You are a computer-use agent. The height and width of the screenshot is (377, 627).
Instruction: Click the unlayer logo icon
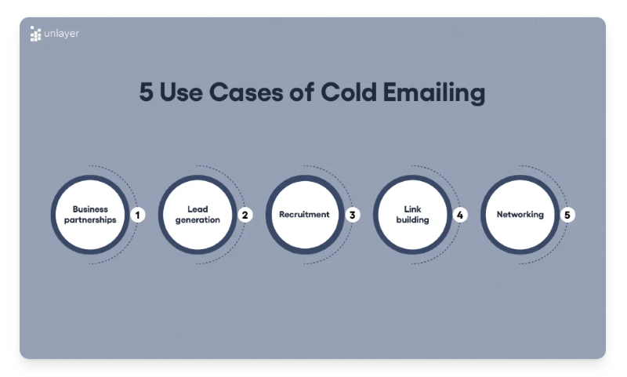[35, 34]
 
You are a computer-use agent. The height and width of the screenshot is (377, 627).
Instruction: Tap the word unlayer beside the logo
[62, 34]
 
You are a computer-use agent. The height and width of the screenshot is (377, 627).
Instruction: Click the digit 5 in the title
[147, 92]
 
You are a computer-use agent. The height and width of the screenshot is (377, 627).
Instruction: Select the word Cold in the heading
[346, 92]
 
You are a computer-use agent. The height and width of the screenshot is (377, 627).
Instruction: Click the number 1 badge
[138, 215]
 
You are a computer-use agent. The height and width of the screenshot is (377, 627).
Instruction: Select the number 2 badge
[245, 215]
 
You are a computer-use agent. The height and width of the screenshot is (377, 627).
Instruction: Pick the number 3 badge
[353, 215]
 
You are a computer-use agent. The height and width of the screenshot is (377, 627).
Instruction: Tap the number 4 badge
[460, 215]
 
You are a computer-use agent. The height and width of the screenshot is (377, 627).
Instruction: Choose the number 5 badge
[567, 215]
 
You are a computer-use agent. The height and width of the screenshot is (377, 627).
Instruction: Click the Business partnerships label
[90, 215]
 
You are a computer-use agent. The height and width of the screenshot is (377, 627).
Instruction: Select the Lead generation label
[198, 215]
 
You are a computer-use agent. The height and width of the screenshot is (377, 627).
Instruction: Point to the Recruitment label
[304, 215]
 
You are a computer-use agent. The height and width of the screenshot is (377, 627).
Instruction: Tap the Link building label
[412, 215]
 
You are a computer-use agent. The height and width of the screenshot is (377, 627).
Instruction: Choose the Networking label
[520, 215]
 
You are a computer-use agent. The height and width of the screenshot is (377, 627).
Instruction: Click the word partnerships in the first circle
[90, 220]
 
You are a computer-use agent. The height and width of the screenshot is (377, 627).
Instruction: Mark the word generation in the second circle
[198, 220]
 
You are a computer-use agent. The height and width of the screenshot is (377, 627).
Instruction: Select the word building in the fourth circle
[412, 220]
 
